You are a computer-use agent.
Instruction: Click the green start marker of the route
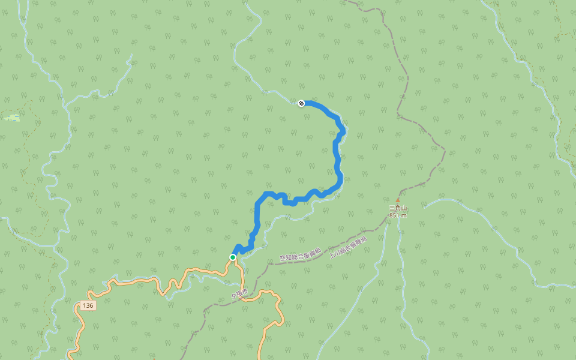(x=233, y=257)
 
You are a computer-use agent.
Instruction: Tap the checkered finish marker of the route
(x=301, y=103)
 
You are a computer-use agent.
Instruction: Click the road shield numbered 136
(x=88, y=305)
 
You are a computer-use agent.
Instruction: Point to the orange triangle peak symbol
(x=397, y=200)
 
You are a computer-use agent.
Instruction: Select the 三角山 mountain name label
(x=398, y=208)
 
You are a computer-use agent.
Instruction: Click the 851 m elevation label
(x=398, y=215)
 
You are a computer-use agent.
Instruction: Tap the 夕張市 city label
(x=239, y=296)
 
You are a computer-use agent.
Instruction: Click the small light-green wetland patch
(x=12, y=118)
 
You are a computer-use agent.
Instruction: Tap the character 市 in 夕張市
(x=245, y=294)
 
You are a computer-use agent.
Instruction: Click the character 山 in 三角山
(x=404, y=208)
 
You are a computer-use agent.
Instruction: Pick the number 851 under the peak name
(x=395, y=215)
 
